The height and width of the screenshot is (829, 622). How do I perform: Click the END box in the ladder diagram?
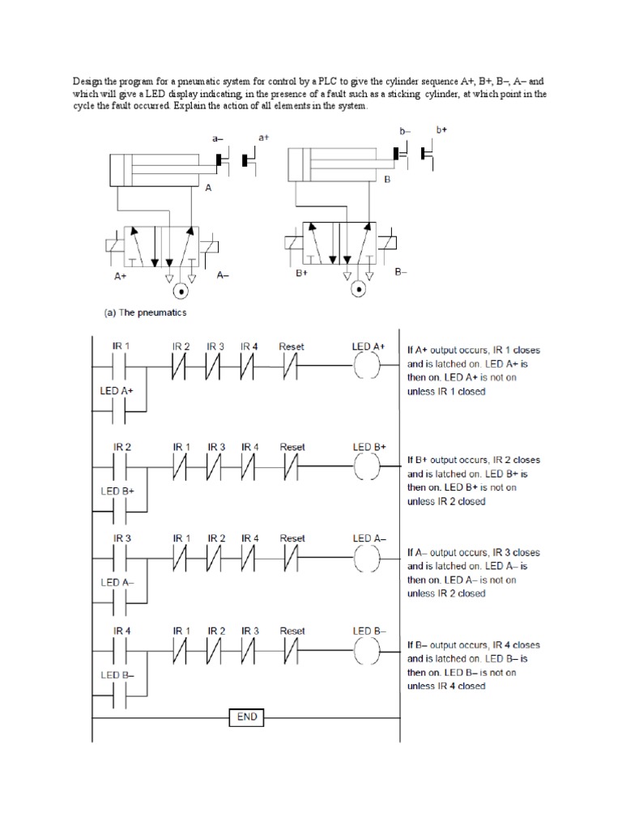coord(246,717)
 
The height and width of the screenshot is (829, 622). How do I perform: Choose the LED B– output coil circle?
coord(368,653)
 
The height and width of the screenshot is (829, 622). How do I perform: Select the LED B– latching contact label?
coord(117,674)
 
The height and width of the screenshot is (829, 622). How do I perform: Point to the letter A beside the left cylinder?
coord(208,187)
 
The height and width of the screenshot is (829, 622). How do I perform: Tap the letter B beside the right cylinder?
coord(387,179)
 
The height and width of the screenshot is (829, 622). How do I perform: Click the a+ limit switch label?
coord(263,138)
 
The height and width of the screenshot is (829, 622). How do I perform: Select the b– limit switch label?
coord(405,130)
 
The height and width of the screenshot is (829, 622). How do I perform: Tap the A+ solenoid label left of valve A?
coord(120,275)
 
